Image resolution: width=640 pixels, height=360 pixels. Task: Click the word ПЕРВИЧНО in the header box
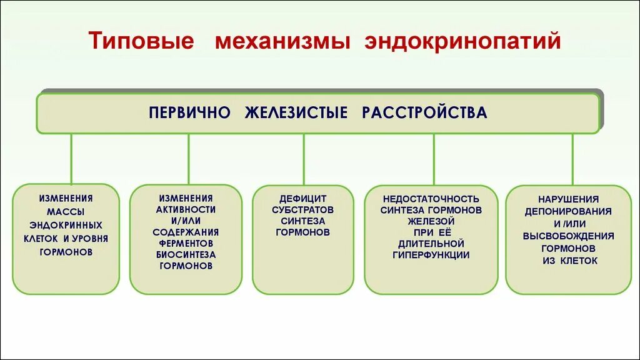(x=190, y=113)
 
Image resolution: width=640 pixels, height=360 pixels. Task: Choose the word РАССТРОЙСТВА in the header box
(x=424, y=113)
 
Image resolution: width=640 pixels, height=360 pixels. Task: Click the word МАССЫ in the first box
(x=66, y=211)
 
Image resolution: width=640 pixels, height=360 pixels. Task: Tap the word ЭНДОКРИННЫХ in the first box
(x=66, y=225)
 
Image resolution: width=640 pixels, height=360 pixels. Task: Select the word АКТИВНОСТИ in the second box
(x=186, y=209)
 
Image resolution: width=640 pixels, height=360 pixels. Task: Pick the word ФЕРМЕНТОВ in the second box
(x=186, y=242)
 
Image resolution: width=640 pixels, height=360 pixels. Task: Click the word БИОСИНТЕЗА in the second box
(x=186, y=254)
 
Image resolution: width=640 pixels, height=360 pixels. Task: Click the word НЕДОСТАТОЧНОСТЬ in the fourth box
(x=431, y=198)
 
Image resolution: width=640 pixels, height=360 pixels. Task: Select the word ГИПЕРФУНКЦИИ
(x=431, y=254)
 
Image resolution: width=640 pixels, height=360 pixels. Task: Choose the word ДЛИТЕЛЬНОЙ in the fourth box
(x=431, y=243)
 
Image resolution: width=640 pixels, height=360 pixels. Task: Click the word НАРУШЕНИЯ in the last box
(x=568, y=198)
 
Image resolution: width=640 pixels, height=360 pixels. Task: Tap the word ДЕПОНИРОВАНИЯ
(x=568, y=211)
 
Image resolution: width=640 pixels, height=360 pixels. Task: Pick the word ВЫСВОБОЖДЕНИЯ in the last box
(x=568, y=236)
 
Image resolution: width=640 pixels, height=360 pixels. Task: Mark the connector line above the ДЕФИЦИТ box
(x=304, y=159)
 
